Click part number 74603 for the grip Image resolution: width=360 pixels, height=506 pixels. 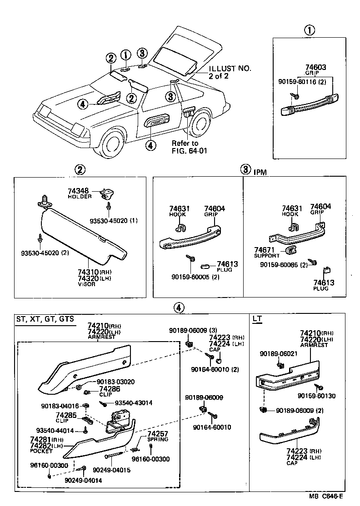[309, 67]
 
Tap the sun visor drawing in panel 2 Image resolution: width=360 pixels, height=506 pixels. [82, 236]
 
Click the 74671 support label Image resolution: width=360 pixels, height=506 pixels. [264, 250]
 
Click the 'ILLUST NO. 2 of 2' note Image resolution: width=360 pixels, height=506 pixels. [230, 72]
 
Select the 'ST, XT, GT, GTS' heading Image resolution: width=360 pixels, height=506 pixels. [45, 319]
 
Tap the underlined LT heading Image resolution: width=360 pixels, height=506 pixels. [257, 319]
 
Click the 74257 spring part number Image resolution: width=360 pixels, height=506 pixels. [157, 434]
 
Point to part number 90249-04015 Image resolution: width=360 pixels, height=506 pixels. [111, 470]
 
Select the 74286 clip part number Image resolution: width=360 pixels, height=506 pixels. [110, 389]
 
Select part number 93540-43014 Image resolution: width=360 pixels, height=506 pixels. [133, 402]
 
